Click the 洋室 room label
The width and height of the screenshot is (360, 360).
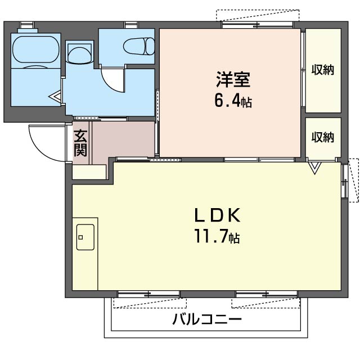coord(233,79)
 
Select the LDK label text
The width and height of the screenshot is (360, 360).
coord(218,215)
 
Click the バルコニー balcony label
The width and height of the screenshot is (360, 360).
coord(207,319)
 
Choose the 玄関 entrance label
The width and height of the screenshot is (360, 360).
coord(80,143)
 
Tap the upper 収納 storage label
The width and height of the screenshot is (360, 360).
coord(322,70)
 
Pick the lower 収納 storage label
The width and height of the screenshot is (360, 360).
coord(322,137)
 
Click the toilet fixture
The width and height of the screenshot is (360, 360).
coord(139,46)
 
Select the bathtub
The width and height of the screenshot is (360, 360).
coord(36,49)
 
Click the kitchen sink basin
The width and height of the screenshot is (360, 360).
coord(85,237)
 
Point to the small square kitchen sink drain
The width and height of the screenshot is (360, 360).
coord(80,237)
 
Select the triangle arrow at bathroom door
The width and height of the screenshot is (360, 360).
coord(55,96)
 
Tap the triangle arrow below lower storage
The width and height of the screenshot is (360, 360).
coord(314,168)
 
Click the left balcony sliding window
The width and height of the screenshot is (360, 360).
coord(148,294)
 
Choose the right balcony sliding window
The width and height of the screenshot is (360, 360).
coord(267,294)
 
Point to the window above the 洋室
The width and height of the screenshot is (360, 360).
coord(258,25)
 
